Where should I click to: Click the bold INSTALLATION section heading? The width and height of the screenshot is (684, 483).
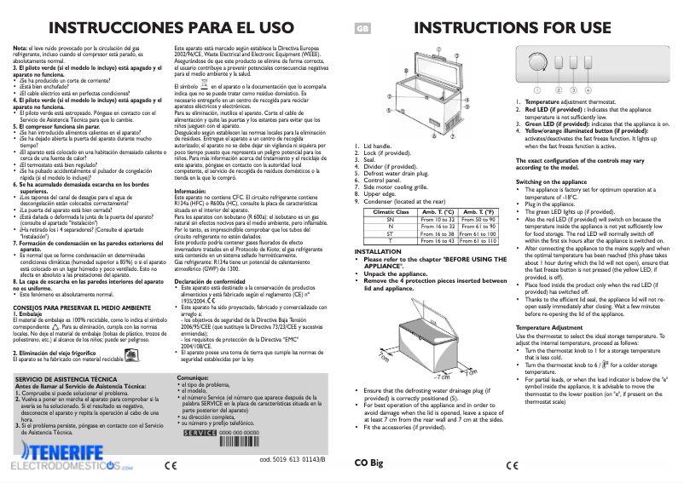click(379, 252)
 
